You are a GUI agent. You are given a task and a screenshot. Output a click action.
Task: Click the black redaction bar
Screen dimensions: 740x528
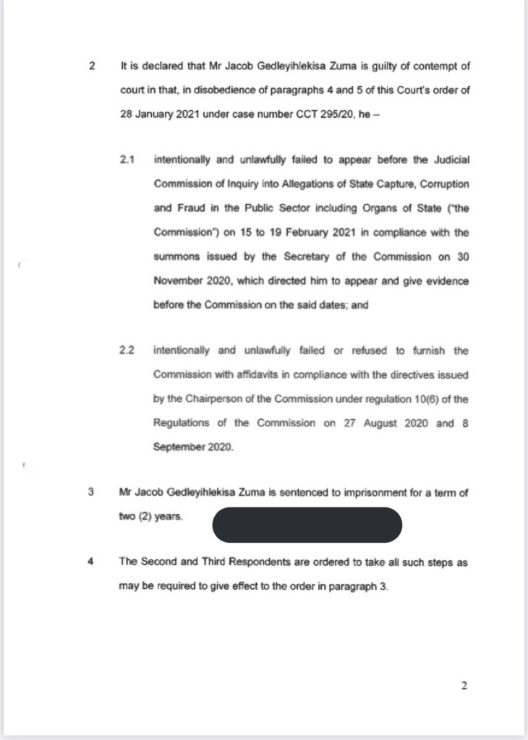(307, 525)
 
